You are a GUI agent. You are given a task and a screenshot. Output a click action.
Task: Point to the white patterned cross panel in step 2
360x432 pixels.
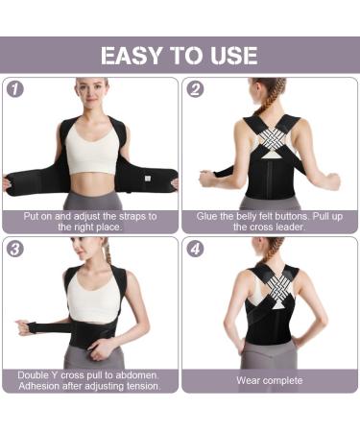[269, 135]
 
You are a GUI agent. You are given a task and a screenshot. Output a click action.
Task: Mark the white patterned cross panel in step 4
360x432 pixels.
[269, 292]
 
